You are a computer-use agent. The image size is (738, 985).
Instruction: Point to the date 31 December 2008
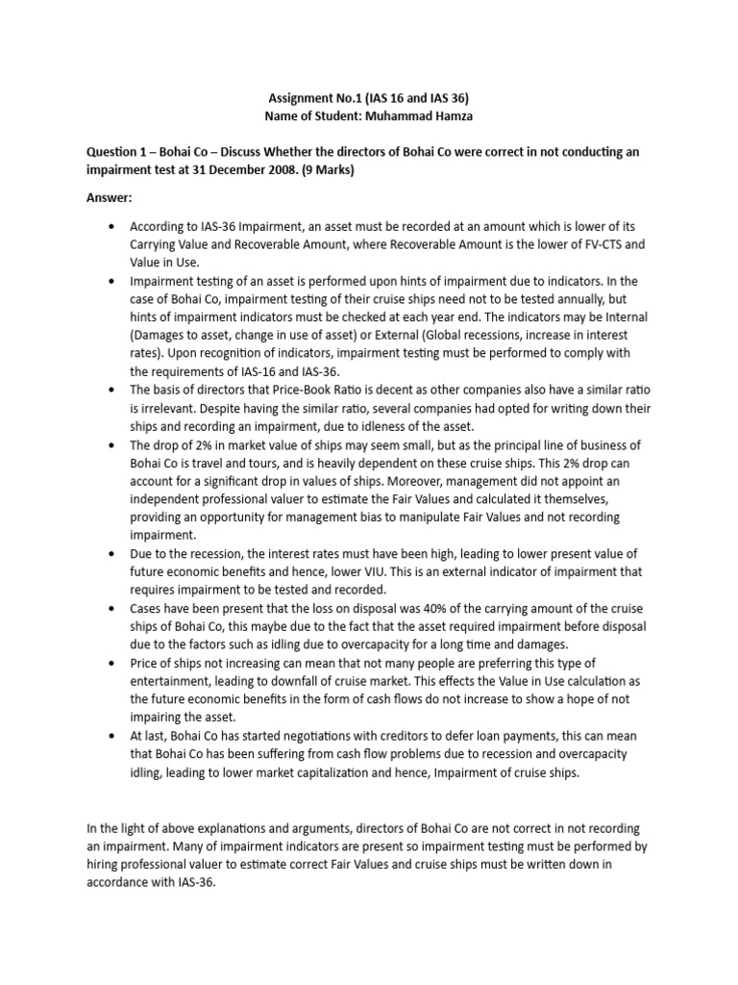point(241,168)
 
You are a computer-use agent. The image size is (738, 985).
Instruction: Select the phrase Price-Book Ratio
point(295,391)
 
